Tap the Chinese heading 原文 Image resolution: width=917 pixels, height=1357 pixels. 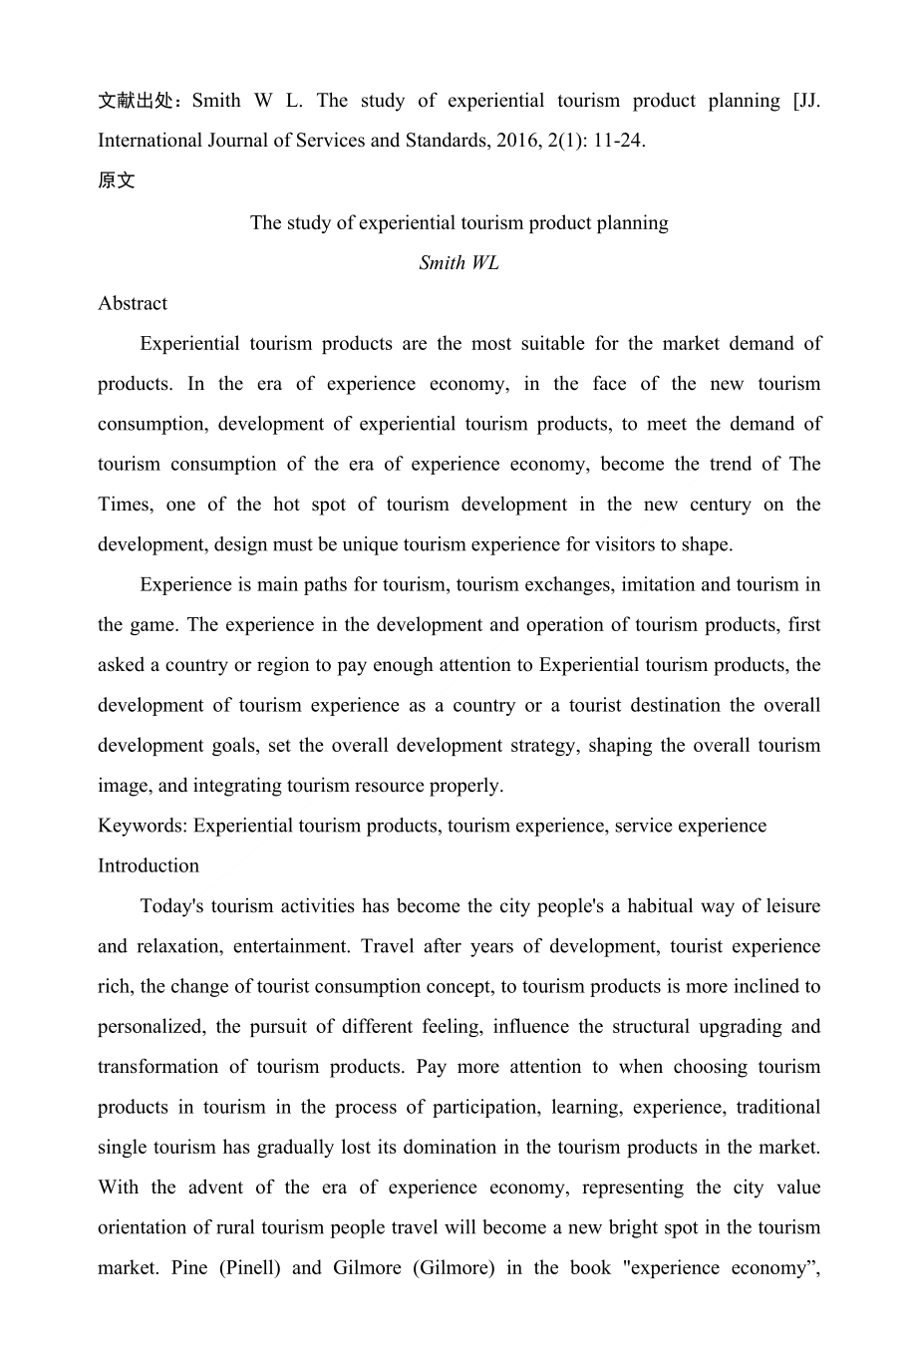click(x=116, y=181)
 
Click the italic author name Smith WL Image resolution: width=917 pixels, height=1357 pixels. click(x=458, y=263)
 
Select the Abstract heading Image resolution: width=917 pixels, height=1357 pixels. click(x=133, y=303)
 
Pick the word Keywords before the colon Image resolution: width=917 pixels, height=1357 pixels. click(x=141, y=826)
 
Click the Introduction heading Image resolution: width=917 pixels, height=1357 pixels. click(x=149, y=865)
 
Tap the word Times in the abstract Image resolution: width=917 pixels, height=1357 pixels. click(x=124, y=505)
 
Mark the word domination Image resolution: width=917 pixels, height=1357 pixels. click(x=453, y=1148)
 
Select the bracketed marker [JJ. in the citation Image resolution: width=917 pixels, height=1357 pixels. click(x=805, y=101)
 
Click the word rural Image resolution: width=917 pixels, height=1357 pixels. click(x=266, y=1227)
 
